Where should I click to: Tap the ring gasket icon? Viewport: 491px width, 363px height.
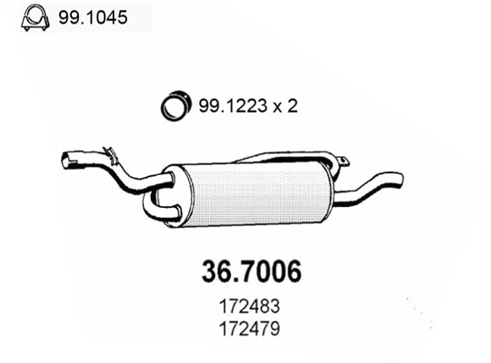(x=175, y=106)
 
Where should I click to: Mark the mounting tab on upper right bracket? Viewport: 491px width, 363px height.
(x=344, y=163)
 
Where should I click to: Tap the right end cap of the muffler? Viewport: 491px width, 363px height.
(x=323, y=181)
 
